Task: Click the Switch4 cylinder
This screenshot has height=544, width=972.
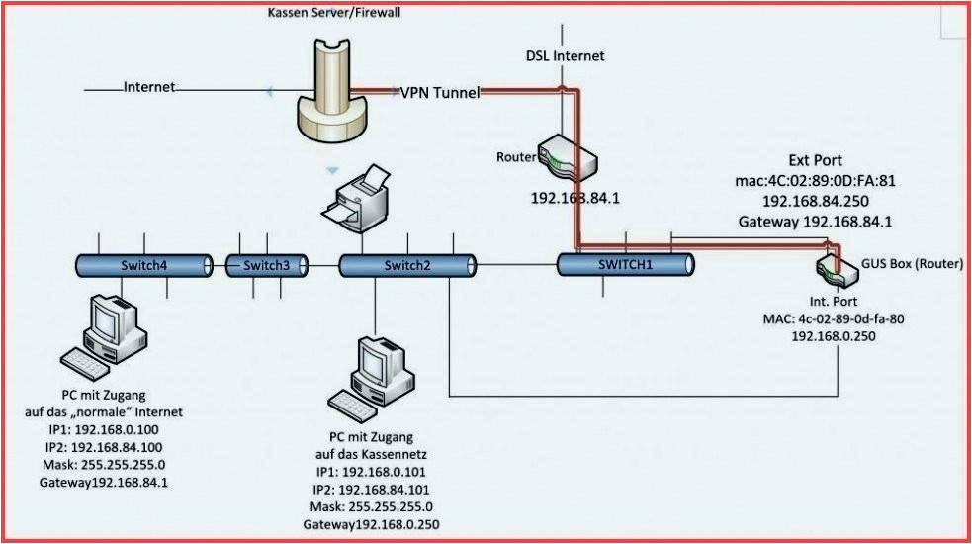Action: tap(144, 265)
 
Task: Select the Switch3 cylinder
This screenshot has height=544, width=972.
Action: tap(266, 265)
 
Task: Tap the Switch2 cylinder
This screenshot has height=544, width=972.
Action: tap(406, 265)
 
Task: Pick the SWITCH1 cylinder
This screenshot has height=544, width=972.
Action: tap(624, 264)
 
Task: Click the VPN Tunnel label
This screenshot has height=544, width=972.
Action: tap(440, 92)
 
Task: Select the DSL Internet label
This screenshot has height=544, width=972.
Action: tap(565, 56)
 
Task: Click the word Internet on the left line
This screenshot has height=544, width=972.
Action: tap(149, 87)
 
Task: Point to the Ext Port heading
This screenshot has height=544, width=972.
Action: tap(815, 160)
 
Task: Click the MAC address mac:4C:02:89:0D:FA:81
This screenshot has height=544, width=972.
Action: tap(815, 181)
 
